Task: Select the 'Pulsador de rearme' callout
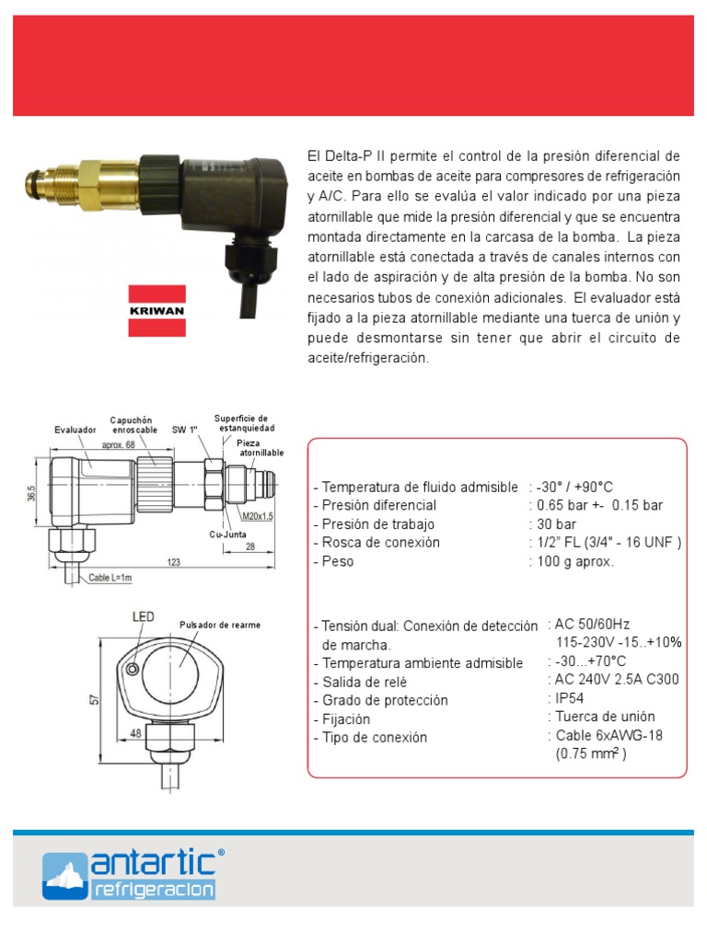point(219,625)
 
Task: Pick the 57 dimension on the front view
point(93,699)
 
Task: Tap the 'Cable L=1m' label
point(110,579)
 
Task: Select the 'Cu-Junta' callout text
point(226,533)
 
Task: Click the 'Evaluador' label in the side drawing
point(75,430)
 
